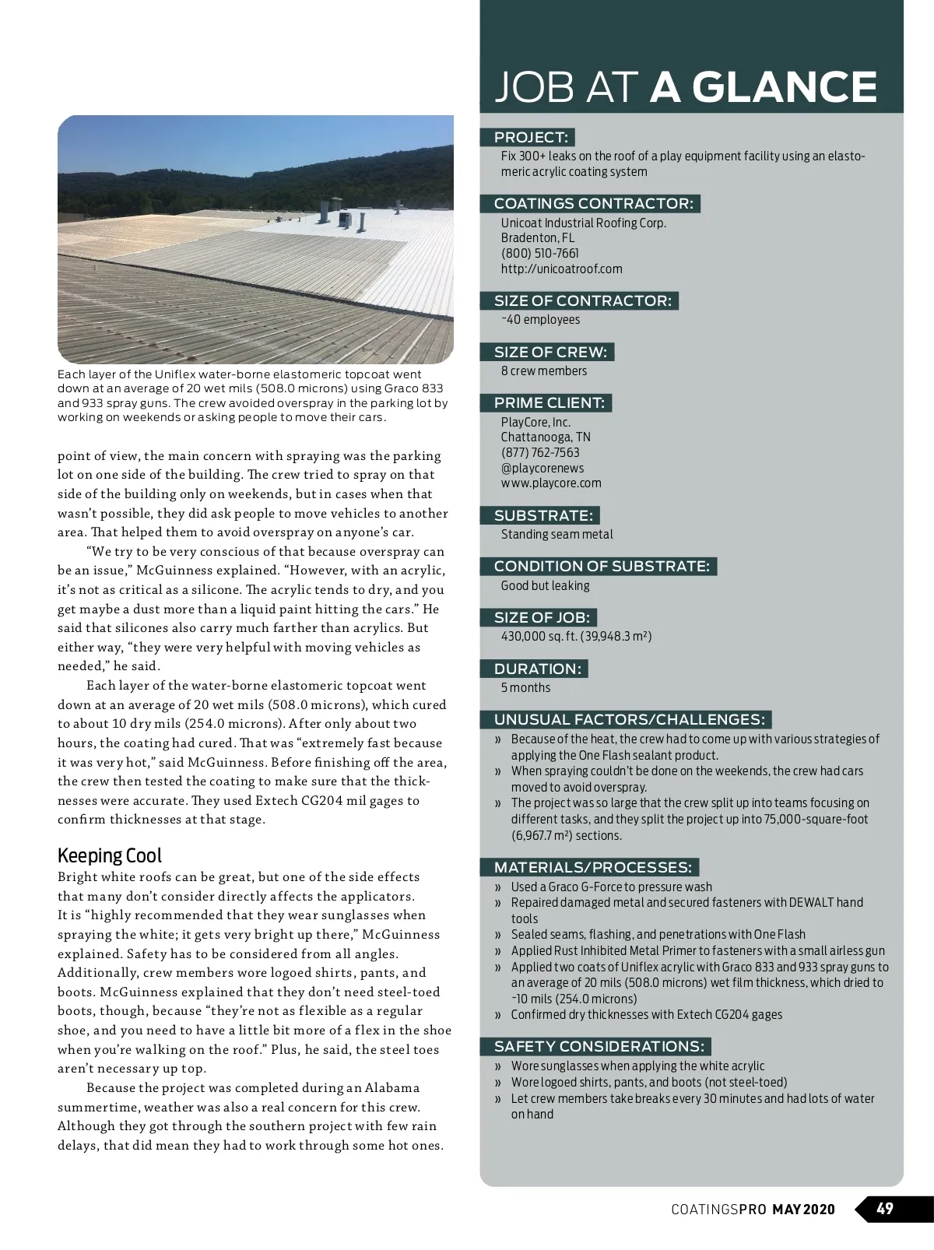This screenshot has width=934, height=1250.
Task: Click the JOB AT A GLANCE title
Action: pyautogui.click(x=686, y=87)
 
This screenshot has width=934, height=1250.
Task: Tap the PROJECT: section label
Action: pyautogui.click(x=531, y=138)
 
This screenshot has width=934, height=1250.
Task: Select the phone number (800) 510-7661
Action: pyautogui.click(x=539, y=253)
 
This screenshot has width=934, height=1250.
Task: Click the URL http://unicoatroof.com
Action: pyautogui.click(x=561, y=269)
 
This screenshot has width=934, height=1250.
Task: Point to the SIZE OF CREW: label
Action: pyautogui.click(x=550, y=352)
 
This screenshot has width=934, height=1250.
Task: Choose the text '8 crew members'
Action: pyautogui.click(x=544, y=370)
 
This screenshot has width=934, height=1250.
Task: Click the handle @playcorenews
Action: pyautogui.click(x=542, y=468)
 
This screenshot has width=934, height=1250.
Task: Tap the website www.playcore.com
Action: pyautogui.click(x=551, y=483)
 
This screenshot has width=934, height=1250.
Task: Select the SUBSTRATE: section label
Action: pyautogui.click(x=543, y=515)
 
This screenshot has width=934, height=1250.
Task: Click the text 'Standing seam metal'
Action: pyautogui.click(x=557, y=534)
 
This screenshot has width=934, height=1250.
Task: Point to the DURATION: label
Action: pyautogui.click(x=537, y=669)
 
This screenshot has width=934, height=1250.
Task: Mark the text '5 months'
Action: pyautogui.click(x=525, y=687)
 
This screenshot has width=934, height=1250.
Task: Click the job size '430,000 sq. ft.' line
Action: pyautogui.click(x=576, y=636)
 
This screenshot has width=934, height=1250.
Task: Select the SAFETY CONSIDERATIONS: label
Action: pyautogui.click(x=599, y=1046)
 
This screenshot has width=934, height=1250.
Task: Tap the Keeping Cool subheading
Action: pyautogui.click(x=110, y=855)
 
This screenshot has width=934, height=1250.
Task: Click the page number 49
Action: pyautogui.click(x=885, y=1209)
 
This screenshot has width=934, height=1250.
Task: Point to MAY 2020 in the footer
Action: pyautogui.click(x=803, y=1210)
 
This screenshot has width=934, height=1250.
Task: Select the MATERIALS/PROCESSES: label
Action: pyautogui.click(x=592, y=867)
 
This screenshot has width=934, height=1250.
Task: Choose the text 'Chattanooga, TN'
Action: pyautogui.click(x=545, y=437)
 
